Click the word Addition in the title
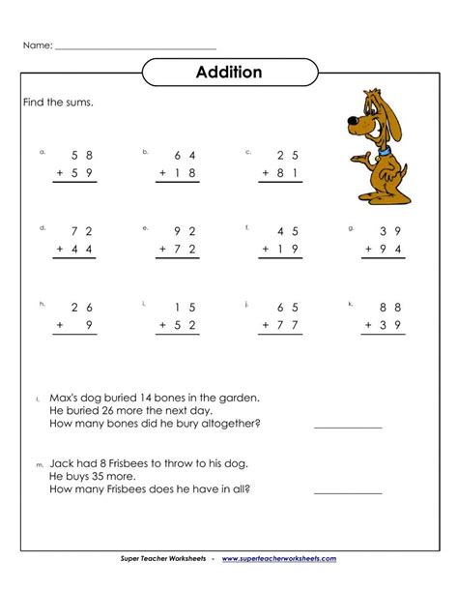(x=229, y=73)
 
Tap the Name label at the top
(x=37, y=44)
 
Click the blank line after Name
(x=135, y=47)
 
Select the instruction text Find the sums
(x=58, y=102)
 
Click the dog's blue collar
(x=386, y=151)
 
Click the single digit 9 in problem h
(x=88, y=325)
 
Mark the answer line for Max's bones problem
(x=348, y=425)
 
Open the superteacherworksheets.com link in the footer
(x=279, y=559)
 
